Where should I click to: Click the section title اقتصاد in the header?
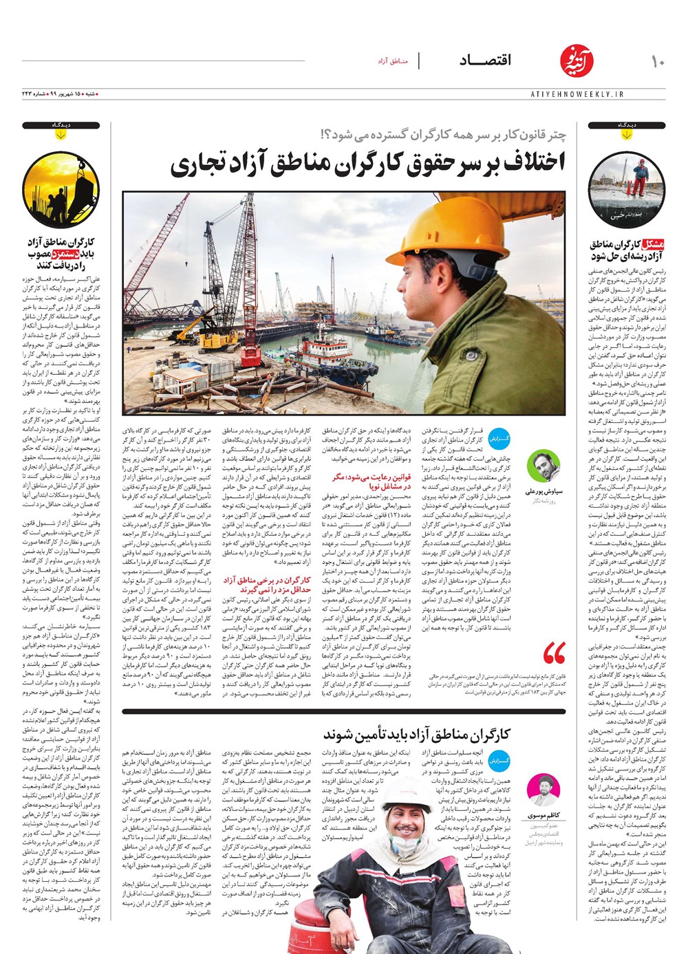[x=486, y=61]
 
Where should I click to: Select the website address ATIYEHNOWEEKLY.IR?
[x=577, y=94]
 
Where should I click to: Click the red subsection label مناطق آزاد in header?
[x=393, y=62]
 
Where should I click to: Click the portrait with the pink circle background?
[x=544, y=791]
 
